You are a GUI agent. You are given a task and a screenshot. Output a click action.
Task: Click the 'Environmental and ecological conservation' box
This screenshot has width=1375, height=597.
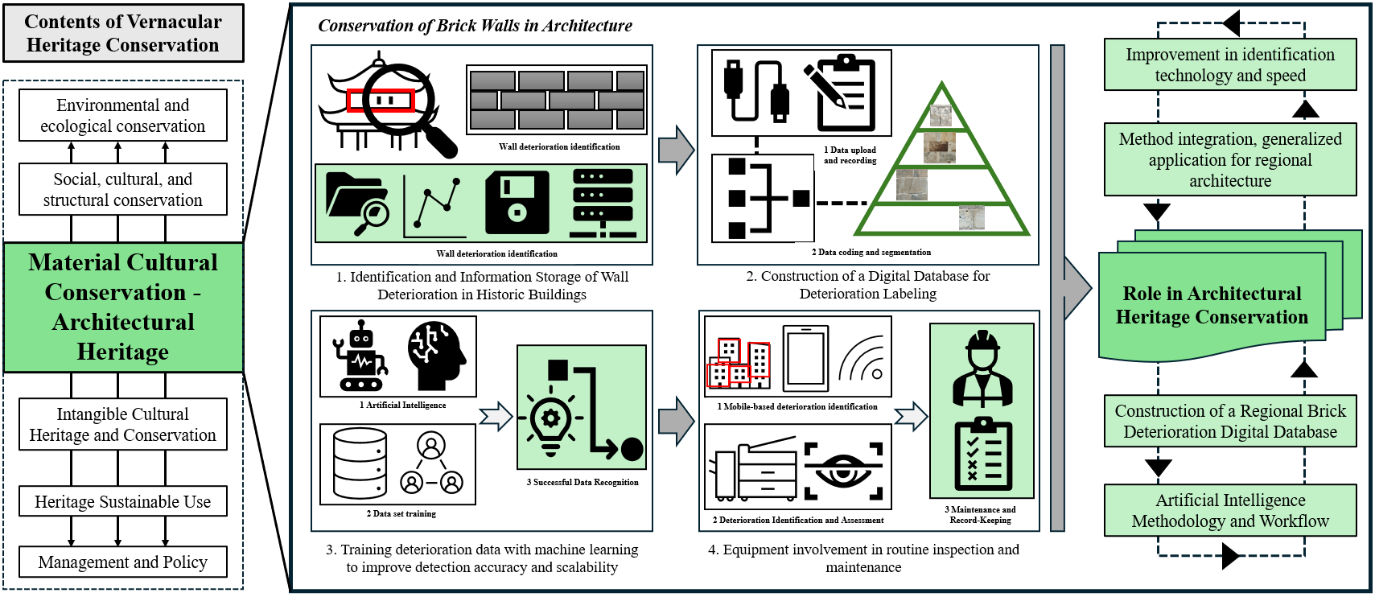coord(122,116)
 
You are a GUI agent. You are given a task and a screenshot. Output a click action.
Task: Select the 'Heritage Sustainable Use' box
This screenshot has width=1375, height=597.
coord(122,502)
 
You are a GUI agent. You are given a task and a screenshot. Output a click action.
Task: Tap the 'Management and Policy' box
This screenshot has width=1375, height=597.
coord(122,562)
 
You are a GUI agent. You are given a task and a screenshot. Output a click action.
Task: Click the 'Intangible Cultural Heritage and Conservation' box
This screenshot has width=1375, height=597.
coord(122,425)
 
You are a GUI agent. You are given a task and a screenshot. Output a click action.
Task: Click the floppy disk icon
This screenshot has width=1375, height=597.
coord(517,203)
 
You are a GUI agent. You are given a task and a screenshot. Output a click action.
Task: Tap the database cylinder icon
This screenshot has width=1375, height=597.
coord(360,463)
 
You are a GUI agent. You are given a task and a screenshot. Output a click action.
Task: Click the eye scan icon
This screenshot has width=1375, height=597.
coord(842,469)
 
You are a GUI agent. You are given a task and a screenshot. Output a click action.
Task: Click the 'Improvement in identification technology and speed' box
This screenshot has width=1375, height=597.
coord(1229,65)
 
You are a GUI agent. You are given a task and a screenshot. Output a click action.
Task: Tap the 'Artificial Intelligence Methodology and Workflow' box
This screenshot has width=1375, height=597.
coord(1229,511)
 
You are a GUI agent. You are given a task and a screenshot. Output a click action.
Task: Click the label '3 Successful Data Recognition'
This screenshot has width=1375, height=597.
coord(583,483)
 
